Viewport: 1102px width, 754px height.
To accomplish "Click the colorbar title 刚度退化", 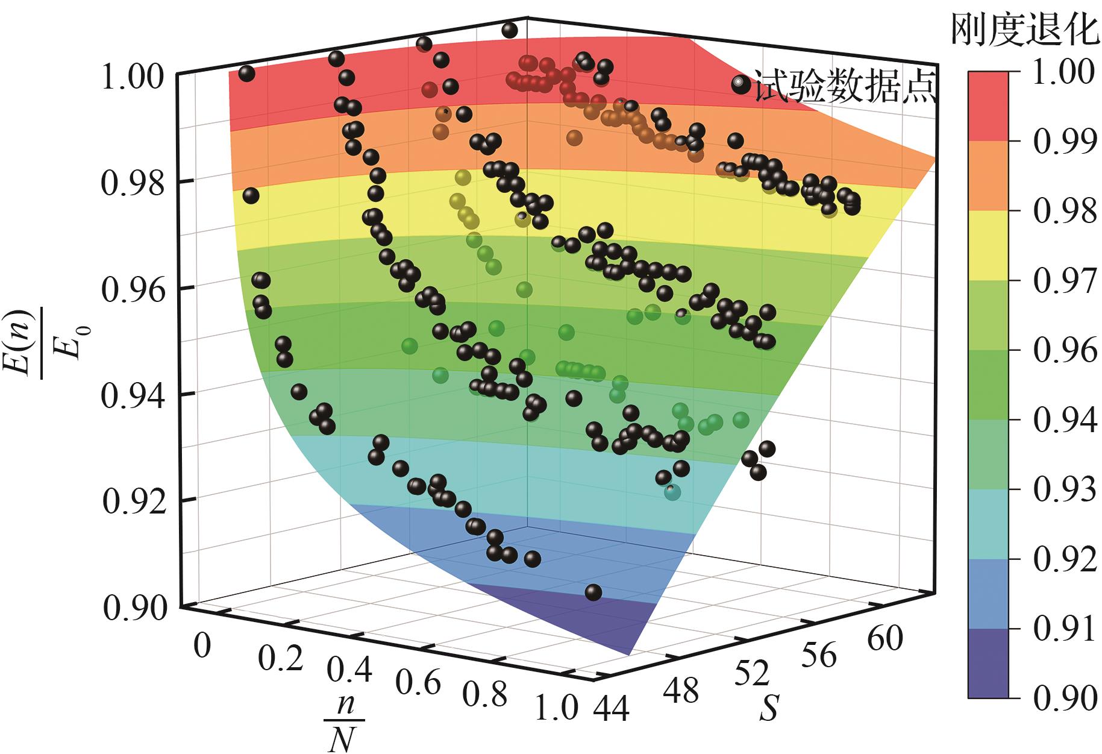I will click(1025, 30).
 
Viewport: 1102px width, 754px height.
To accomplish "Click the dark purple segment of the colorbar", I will click(988, 663).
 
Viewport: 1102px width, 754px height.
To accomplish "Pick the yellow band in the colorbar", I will click(988, 245).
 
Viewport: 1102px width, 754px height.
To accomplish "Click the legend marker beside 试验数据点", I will click(740, 84).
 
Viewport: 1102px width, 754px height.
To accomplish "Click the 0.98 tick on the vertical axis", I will click(132, 183).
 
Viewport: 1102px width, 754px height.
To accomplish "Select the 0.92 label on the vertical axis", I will click(132, 502).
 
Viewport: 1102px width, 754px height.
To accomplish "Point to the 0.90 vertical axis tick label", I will click(132, 608).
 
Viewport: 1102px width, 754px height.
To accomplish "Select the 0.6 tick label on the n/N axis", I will click(418, 683).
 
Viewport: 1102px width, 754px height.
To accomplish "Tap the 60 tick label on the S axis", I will click(885, 638).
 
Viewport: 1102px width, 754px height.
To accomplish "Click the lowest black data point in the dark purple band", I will click(593, 592).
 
